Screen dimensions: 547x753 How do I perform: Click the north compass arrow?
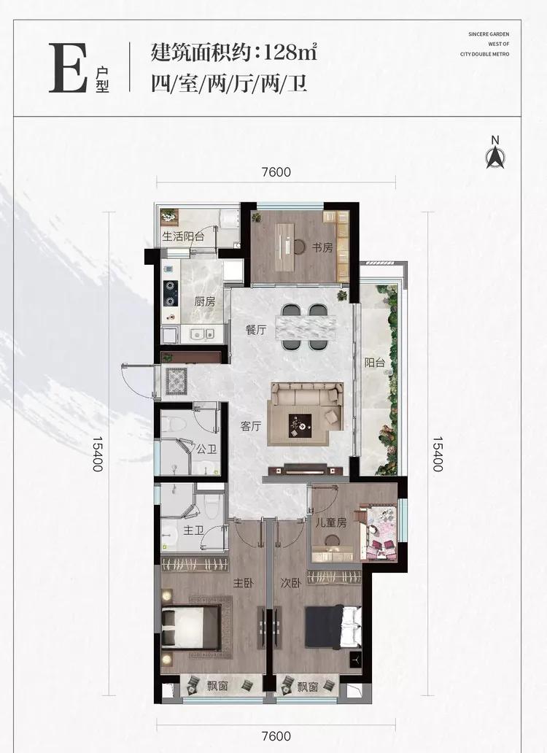(494, 158)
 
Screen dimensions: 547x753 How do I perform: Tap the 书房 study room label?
(322, 248)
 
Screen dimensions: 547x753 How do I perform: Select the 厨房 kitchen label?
(204, 302)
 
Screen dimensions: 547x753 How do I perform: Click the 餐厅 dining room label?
(255, 331)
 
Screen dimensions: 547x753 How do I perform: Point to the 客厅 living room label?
(250, 426)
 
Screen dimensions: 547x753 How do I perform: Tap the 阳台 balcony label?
(374, 363)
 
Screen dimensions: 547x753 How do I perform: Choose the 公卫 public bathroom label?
(206, 449)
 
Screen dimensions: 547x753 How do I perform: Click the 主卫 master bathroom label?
(194, 530)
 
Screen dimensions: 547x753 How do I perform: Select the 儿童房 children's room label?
(330, 522)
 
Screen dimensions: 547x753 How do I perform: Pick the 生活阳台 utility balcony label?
(183, 236)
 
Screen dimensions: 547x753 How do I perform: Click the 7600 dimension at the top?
(276, 171)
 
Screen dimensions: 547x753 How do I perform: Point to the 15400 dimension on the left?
(98, 454)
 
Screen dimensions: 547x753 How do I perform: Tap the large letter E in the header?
(68, 68)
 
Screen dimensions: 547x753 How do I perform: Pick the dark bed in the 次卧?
(333, 627)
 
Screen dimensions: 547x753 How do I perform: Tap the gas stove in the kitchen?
(171, 293)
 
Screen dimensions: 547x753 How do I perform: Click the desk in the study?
(287, 247)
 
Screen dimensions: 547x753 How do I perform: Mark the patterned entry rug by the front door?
(176, 382)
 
